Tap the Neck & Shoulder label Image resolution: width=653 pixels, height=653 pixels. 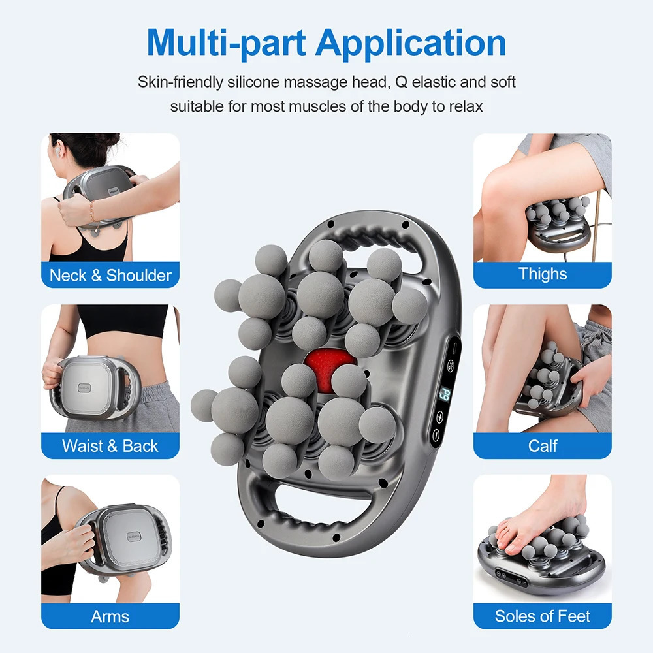click(110, 276)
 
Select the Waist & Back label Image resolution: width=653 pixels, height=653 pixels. click(110, 446)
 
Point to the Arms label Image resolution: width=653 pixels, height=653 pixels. click(110, 616)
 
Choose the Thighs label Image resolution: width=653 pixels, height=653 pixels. click(543, 274)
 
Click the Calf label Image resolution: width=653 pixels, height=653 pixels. click(543, 446)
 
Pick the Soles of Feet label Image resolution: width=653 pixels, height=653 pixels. click(543, 616)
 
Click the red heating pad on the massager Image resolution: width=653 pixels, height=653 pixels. click(328, 369)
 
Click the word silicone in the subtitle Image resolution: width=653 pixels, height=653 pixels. click(257, 82)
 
